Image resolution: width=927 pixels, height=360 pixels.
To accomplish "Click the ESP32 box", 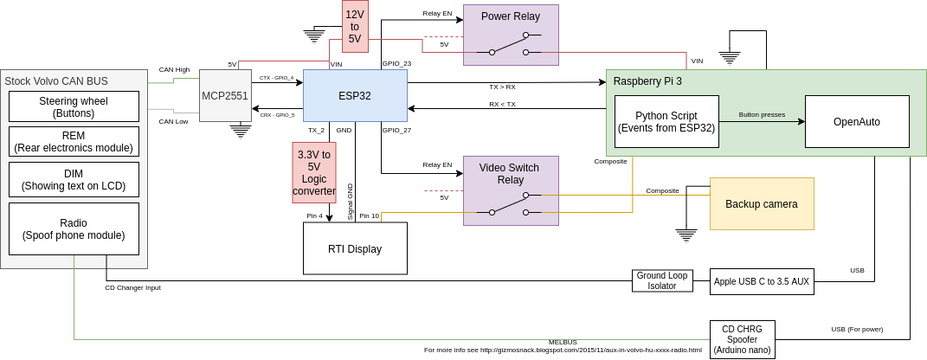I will (x=355, y=95).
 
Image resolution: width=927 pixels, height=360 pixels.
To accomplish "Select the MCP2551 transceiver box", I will (x=225, y=95).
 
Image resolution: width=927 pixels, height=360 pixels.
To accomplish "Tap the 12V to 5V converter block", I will (x=355, y=27).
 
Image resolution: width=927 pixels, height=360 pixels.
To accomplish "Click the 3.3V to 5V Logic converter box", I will (x=314, y=172).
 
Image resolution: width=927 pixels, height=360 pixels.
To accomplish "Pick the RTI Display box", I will (x=355, y=248).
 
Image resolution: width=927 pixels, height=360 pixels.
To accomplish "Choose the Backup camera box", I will (x=762, y=203).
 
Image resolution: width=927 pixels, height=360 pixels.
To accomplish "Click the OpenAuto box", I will (x=857, y=121).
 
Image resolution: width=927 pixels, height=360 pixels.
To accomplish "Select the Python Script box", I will (x=666, y=121).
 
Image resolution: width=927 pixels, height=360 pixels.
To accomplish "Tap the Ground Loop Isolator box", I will (x=662, y=280).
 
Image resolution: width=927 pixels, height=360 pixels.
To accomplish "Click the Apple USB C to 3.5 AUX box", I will (x=762, y=280).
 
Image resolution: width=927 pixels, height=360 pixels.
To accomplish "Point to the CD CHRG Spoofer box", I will (x=742, y=338).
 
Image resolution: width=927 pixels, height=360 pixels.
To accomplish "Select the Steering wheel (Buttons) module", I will (x=74, y=106).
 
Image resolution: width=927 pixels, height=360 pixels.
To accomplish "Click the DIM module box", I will (x=74, y=179).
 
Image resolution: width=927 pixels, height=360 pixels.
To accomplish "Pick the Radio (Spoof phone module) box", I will (x=74, y=228).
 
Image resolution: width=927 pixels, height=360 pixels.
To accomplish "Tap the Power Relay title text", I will (x=511, y=16).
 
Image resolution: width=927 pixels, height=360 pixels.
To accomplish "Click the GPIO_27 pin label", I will (x=396, y=130).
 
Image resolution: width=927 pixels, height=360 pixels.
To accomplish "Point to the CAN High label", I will (x=174, y=69).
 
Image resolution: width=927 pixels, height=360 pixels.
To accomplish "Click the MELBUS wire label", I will (x=563, y=342).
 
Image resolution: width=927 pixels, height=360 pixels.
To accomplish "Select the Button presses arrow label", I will (x=762, y=114).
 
